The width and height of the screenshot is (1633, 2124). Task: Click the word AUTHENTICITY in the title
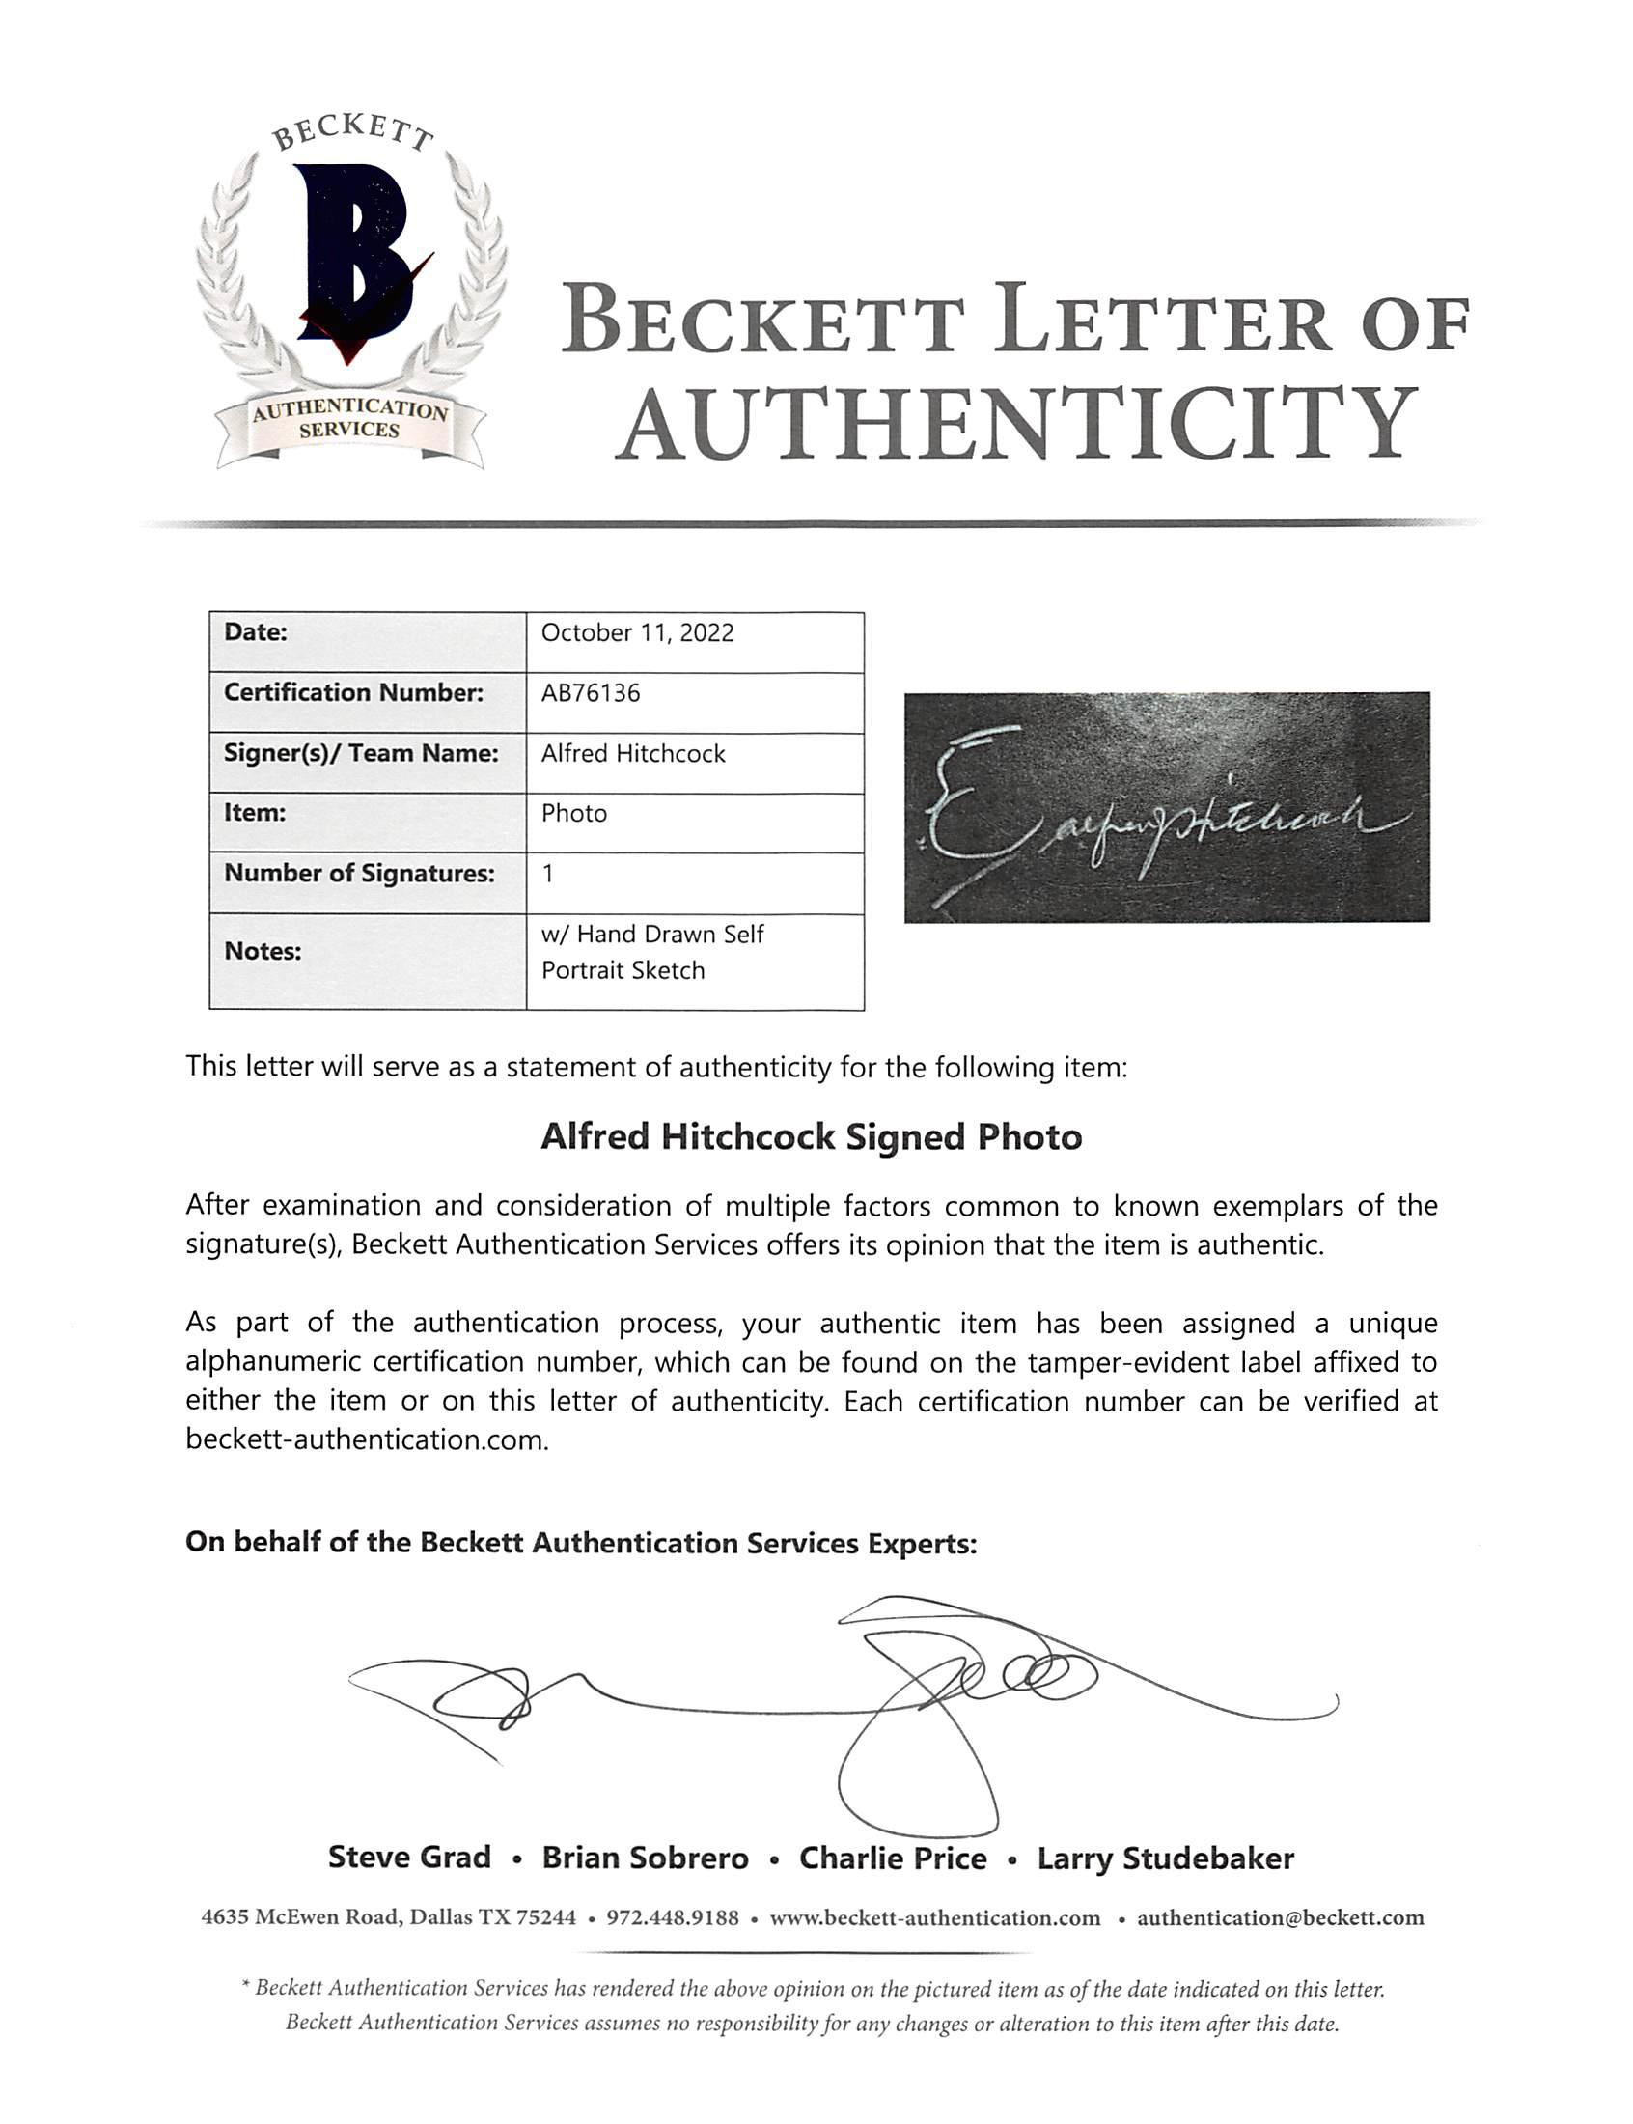tap(1015, 425)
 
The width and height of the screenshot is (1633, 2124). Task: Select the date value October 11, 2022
tap(637, 632)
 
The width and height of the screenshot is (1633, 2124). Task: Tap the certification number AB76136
tap(590, 693)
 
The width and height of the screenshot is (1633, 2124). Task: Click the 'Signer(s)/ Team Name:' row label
tap(361, 753)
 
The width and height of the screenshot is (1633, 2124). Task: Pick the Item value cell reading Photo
tap(573, 814)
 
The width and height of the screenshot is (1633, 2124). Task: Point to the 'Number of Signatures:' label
tap(359, 874)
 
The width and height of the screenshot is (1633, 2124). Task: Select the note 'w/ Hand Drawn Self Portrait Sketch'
tap(651, 953)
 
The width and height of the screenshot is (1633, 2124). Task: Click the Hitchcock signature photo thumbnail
tap(1167, 808)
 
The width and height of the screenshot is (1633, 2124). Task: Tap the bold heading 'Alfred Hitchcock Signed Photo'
tap(811, 1137)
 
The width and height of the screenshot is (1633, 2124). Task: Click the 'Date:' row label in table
tap(256, 632)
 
